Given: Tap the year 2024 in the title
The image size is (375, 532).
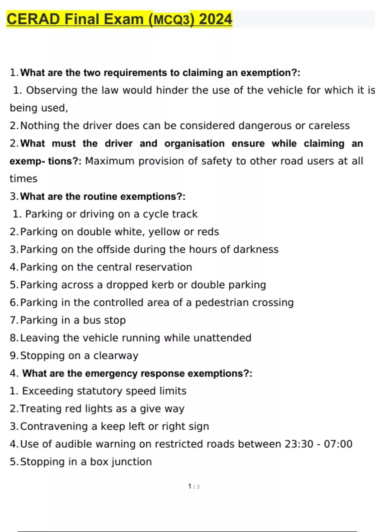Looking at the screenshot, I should pyautogui.click(x=215, y=19).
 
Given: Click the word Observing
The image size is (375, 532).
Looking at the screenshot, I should pyautogui.click(x=52, y=90).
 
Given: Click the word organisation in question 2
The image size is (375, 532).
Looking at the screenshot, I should pyautogui.click(x=194, y=143).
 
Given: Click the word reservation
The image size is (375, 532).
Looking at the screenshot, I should pyautogui.click(x=163, y=267).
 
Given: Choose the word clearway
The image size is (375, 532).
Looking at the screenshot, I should pyautogui.click(x=116, y=356).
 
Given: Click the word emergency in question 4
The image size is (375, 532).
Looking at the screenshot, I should pyautogui.click(x=111, y=373).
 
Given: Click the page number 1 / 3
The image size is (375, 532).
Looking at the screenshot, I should pyautogui.click(x=194, y=487).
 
